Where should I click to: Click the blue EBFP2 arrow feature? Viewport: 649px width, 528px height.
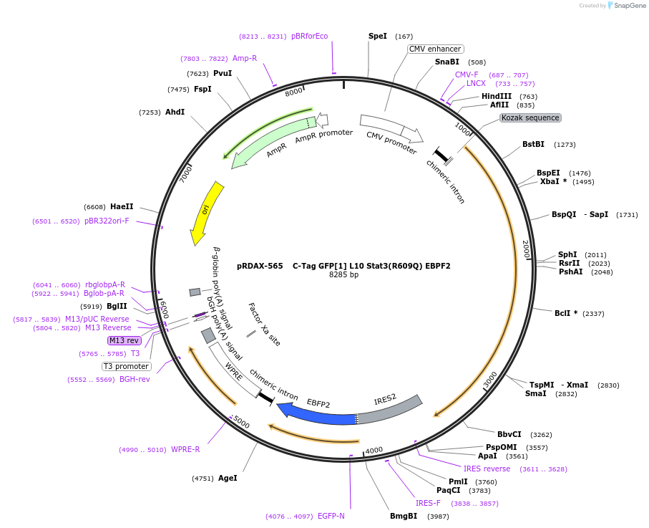click(x=315, y=414)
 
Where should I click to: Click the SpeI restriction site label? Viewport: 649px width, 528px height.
click(x=377, y=36)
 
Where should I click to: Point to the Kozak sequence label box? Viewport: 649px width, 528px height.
click(x=530, y=117)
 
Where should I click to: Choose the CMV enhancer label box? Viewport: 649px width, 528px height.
click(x=435, y=49)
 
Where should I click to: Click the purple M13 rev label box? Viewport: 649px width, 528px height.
click(x=125, y=340)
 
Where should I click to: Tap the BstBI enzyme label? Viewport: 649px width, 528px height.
click(x=533, y=145)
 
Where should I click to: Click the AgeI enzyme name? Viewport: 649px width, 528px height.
click(x=228, y=478)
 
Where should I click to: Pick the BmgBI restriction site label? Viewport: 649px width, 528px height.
click(x=404, y=516)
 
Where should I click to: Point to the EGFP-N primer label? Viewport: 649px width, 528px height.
click(x=331, y=516)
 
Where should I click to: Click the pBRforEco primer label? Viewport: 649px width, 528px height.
click(x=309, y=36)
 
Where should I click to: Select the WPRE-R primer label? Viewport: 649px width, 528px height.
click(x=185, y=450)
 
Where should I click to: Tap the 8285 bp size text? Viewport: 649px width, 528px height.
click(x=343, y=274)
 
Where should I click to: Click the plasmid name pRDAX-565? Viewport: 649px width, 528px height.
click(x=260, y=266)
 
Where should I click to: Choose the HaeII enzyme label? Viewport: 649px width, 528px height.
click(x=122, y=206)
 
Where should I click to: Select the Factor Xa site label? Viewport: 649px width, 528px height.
click(x=264, y=324)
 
